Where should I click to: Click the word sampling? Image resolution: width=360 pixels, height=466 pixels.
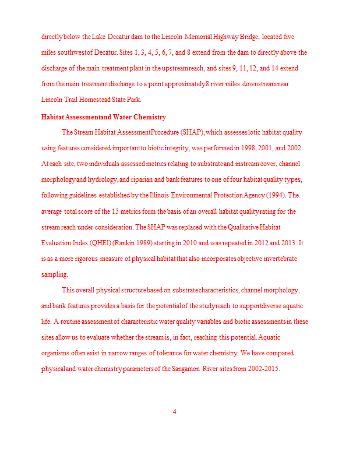[x=54, y=274]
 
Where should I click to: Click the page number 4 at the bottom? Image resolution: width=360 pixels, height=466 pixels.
[x=175, y=412]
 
